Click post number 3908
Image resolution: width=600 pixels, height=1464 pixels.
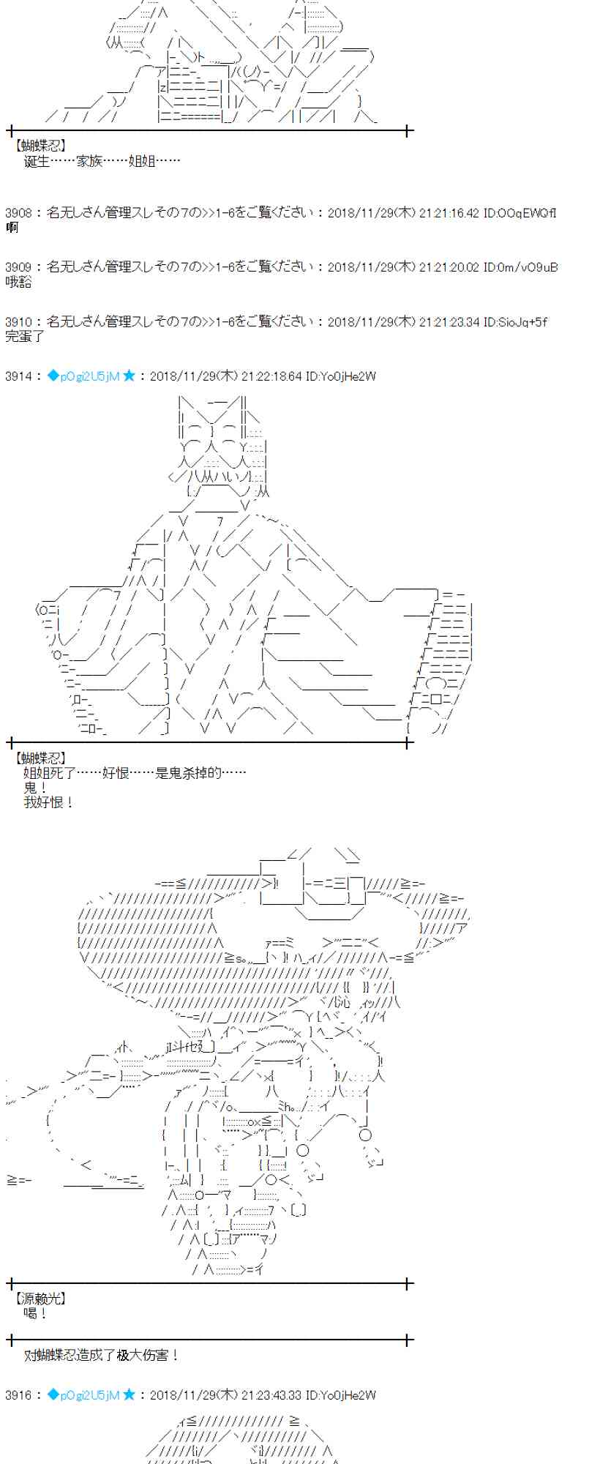(x=18, y=213)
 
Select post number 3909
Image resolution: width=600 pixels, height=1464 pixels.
(x=18, y=267)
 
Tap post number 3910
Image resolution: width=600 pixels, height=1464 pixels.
(x=18, y=321)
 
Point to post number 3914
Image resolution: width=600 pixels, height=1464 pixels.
(x=18, y=376)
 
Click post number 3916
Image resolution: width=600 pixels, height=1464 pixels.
(x=18, y=1395)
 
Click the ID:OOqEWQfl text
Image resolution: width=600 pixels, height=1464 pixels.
(x=520, y=213)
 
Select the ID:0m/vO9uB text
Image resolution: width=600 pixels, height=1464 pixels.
(x=520, y=267)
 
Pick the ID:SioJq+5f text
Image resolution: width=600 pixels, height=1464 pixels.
(x=515, y=321)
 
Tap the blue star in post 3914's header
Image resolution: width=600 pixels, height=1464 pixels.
(x=129, y=376)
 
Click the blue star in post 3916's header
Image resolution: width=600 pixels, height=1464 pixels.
(x=129, y=1395)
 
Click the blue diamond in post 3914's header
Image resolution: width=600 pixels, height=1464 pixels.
(x=53, y=376)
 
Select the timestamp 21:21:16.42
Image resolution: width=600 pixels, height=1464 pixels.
(x=449, y=213)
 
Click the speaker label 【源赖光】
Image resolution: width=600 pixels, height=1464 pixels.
(x=40, y=1299)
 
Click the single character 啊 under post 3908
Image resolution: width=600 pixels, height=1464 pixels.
(x=12, y=228)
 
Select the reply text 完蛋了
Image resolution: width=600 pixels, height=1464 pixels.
(x=25, y=336)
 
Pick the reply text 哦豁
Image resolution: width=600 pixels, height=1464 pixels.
(x=18, y=282)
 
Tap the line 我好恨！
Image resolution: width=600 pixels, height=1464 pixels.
(x=49, y=802)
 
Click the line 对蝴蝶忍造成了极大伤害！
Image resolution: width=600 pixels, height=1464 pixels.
(x=102, y=1355)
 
